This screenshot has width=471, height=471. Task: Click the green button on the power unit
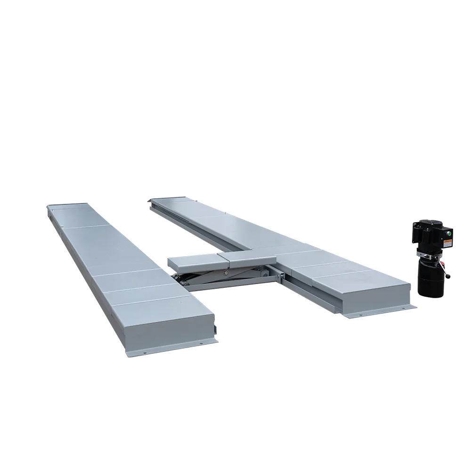point(449,232)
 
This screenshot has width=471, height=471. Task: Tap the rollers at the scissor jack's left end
point(182,279)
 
